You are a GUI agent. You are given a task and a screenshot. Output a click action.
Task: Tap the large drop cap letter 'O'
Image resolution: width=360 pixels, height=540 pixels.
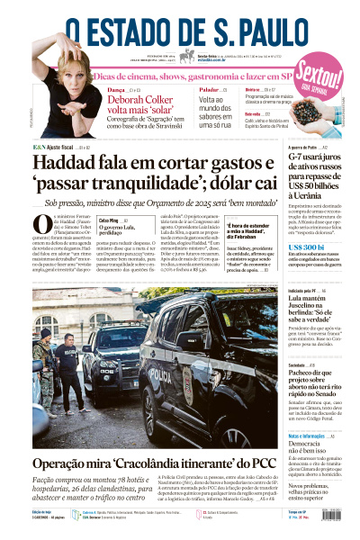coord(41,225)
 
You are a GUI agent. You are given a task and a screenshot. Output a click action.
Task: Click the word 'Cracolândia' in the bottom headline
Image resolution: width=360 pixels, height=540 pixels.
coord(144,463)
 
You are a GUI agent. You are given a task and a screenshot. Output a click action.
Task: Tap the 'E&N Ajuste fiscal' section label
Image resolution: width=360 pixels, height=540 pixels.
coord(54,145)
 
